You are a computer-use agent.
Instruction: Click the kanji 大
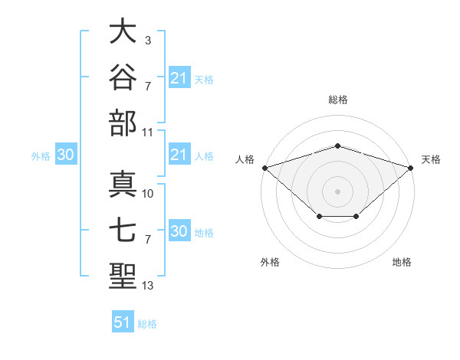pyautogui.click(x=123, y=31)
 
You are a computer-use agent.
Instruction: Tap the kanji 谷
pyautogui.click(x=123, y=77)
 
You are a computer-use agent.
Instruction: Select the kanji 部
pyautogui.click(x=123, y=123)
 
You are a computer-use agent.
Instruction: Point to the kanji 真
pyautogui.click(x=123, y=184)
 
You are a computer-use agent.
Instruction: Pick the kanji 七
pyautogui.click(x=123, y=230)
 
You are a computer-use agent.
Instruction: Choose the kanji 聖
pyautogui.click(x=123, y=276)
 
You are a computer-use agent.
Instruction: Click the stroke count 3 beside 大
pyautogui.click(x=148, y=41)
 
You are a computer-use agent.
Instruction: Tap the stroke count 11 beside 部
pyautogui.click(x=147, y=133)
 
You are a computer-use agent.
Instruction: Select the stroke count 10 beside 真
pyautogui.click(x=147, y=194)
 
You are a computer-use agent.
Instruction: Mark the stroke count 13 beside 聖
pyautogui.click(x=147, y=286)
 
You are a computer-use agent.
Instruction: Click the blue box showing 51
pyautogui.click(x=123, y=321)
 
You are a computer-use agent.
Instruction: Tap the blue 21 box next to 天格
pyautogui.click(x=180, y=77)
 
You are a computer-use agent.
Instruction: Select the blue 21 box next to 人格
pyautogui.click(x=180, y=154)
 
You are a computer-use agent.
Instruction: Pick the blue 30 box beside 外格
pyautogui.click(x=66, y=154)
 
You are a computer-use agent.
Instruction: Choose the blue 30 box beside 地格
pyautogui.click(x=180, y=230)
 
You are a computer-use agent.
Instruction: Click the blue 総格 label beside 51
pyautogui.click(x=147, y=324)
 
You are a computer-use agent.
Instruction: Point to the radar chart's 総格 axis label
pyautogui.click(x=338, y=100)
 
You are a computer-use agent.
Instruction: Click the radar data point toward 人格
pyautogui.click(x=265, y=168)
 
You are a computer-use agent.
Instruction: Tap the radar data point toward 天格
pyautogui.click(x=411, y=168)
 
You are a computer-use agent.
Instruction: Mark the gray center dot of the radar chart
pyautogui.click(x=337, y=191)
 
